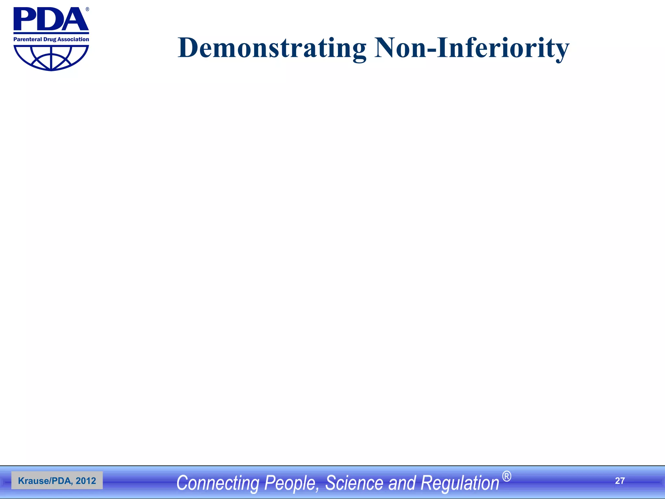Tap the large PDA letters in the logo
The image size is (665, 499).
click(x=51, y=19)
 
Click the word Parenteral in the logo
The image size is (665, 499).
click(x=28, y=39)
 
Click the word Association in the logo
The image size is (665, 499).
click(x=73, y=39)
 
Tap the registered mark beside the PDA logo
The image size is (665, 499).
click(x=87, y=9)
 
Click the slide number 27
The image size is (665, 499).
click(x=620, y=481)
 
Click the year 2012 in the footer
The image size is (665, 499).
click(x=86, y=481)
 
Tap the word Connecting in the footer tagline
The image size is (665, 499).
click(x=218, y=483)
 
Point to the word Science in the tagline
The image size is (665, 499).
click(x=354, y=483)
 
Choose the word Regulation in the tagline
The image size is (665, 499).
click(x=460, y=483)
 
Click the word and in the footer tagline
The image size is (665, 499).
click(x=402, y=483)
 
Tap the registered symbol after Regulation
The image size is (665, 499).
click(x=507, y=477)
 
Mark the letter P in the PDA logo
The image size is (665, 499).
click(x=25, y=19)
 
